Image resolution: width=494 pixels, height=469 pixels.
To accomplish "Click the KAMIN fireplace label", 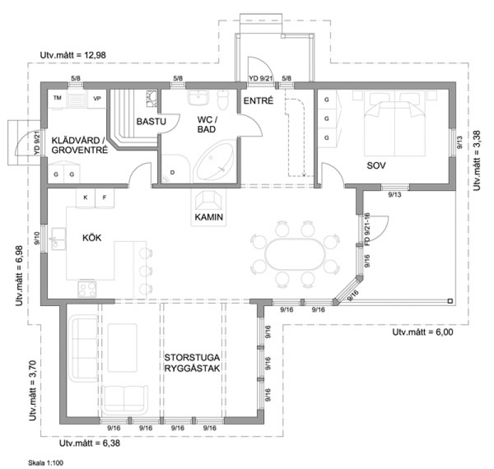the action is click(x=209, y=217).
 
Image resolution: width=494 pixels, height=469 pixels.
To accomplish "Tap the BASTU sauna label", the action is click(x=151, y=122).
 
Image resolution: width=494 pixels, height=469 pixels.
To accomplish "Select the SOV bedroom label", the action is click(x=376, y=165).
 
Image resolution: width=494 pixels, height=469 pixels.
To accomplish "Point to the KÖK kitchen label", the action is click(x=92, y=238).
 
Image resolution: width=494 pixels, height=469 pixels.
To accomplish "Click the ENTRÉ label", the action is click(x=258, y=101).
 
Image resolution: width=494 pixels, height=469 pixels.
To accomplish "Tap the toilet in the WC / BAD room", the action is click(x=223, y=99).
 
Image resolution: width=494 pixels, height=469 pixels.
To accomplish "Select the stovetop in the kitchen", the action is click(x=87, y=289).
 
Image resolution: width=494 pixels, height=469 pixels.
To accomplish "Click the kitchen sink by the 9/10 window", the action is click(x=58, y=239).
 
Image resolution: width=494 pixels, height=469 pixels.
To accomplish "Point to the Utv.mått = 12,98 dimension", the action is click(x=73, y=55).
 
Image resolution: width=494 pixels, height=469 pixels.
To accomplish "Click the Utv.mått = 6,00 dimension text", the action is click(x=423, y=332).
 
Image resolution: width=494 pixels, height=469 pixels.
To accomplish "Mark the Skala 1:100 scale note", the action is click(x=46, y=463).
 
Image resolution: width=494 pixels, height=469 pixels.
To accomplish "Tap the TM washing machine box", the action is click(x=57, y=99).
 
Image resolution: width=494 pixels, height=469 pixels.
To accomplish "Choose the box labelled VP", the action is click(x=97, y=99).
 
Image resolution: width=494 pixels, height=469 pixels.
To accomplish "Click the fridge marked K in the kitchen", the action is click(x=85, y=198).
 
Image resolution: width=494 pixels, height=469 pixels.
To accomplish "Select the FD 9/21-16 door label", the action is click(x=367, y=229).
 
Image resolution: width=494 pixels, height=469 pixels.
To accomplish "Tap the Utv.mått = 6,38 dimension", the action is click(x=90, y=443).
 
